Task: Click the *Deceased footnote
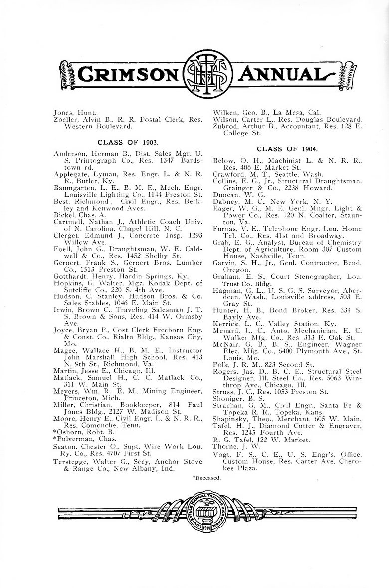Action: point(207,478)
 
